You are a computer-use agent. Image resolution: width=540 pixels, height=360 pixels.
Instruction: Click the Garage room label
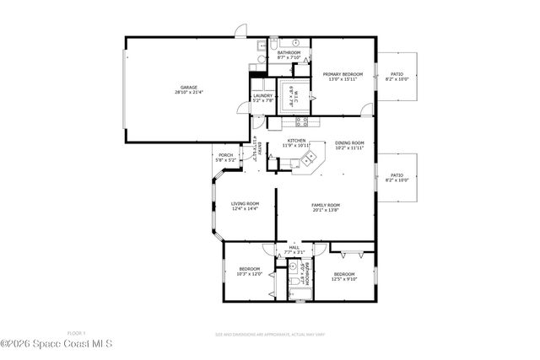point(187,88)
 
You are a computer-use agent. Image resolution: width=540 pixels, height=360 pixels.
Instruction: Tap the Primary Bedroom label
point(343,74)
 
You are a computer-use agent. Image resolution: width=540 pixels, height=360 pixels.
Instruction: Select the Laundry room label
point(262,96)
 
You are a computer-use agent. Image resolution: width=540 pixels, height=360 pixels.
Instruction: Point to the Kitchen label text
point(295,140)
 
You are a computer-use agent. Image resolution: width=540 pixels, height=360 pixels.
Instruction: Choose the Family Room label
point(325,205)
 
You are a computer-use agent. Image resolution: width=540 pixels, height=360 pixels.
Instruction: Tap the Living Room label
point(245,203)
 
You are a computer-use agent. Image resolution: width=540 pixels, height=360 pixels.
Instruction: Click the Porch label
point(225,155)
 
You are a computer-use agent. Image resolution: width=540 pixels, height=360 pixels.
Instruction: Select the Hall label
point(294,247)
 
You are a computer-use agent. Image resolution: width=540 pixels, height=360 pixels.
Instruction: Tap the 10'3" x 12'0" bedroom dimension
point(250,273)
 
